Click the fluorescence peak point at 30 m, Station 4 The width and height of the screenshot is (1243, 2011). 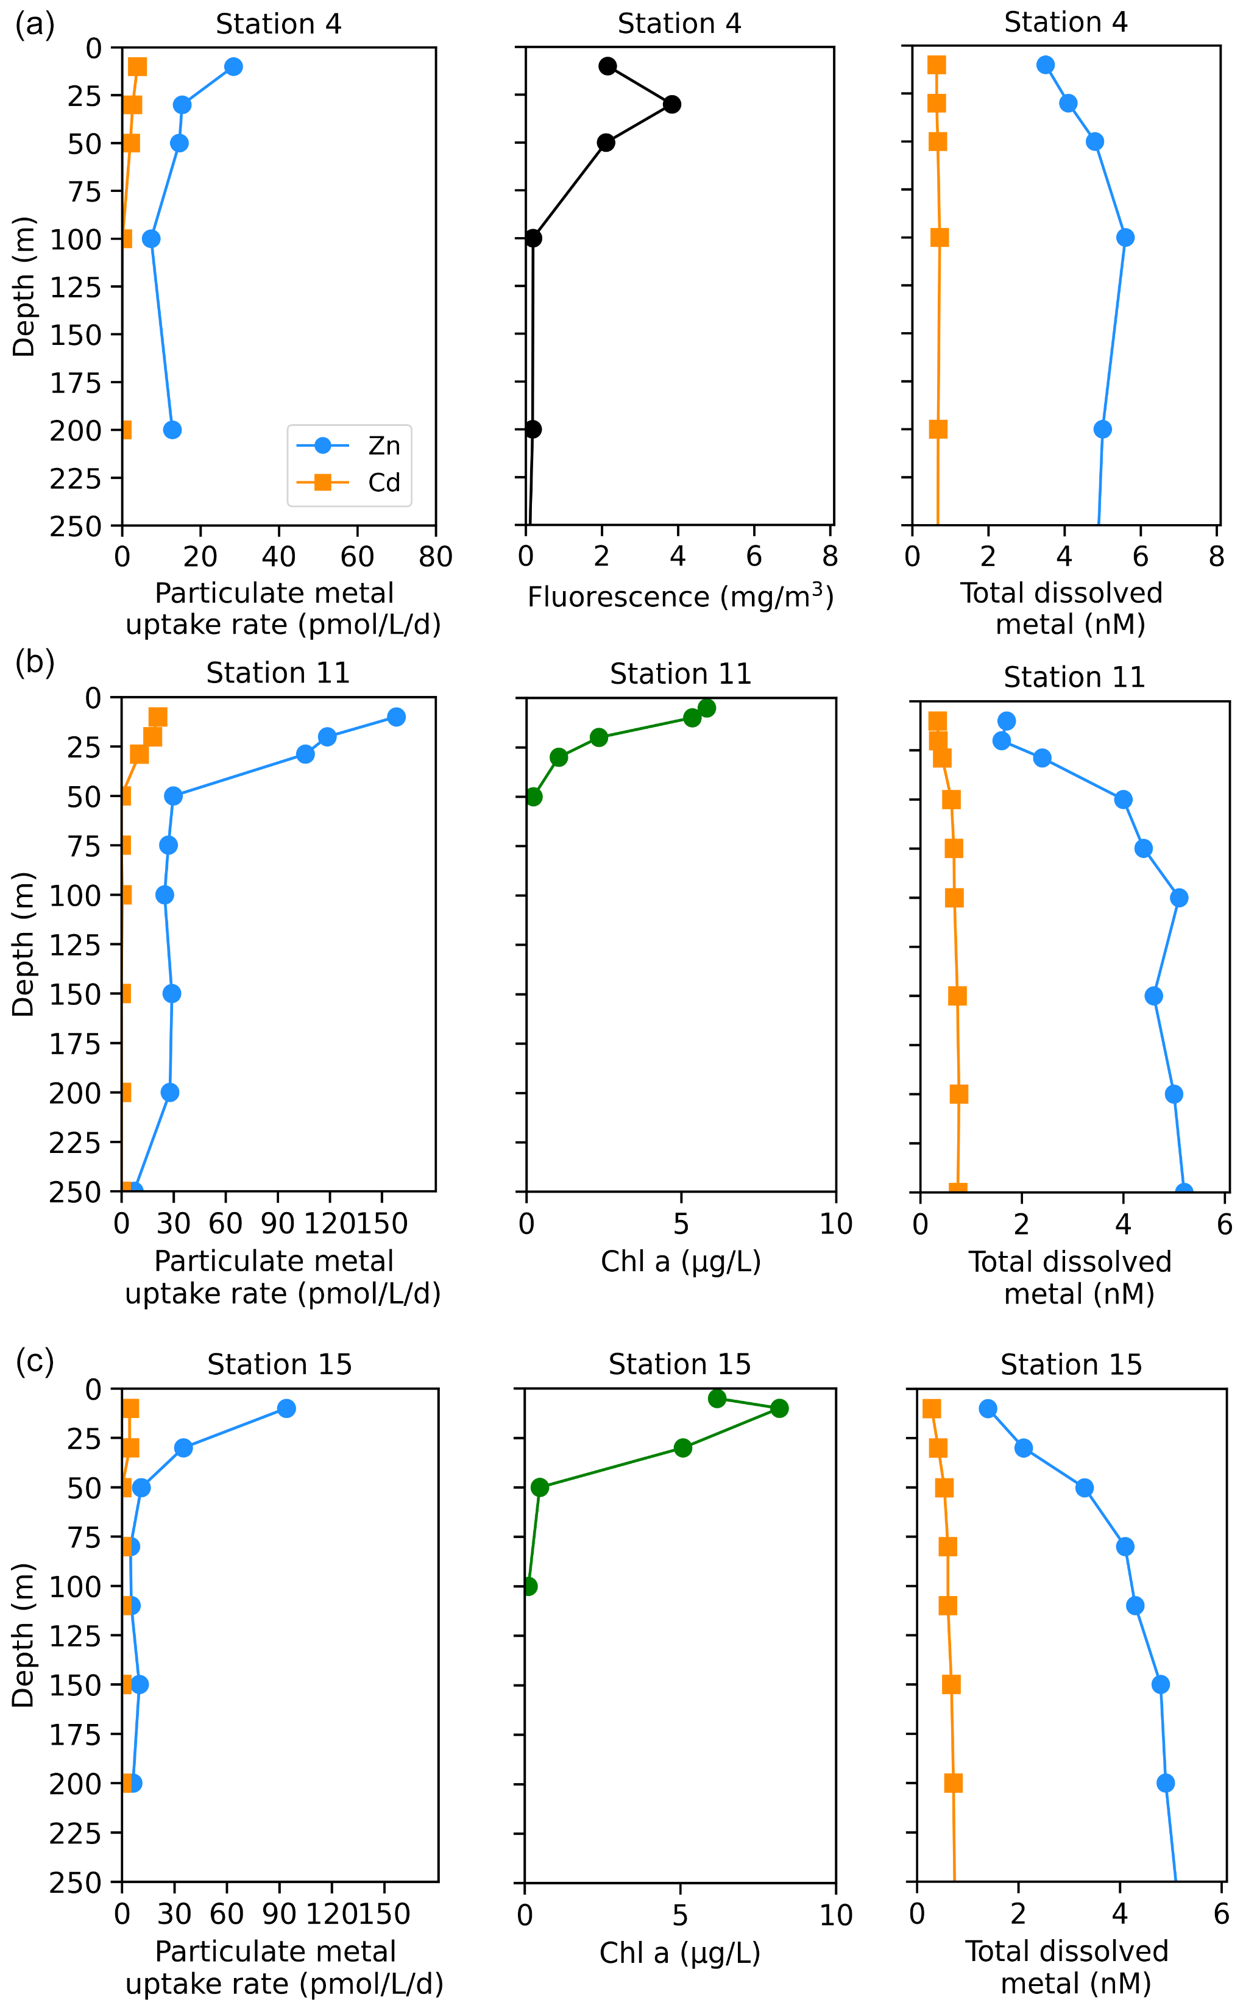pos(671,104)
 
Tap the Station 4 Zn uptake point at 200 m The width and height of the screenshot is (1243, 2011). pos(172,430)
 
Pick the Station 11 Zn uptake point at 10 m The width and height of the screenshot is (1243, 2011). pos(396,717)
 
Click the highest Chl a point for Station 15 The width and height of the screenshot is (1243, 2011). pos(779,1408)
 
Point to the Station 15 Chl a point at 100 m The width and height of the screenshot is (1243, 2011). pos(529,1586)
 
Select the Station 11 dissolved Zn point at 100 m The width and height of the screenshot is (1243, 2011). pos(1179,898)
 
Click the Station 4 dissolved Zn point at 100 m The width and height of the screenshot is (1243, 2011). pos(1125,238)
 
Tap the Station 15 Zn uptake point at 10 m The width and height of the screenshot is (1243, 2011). pos(286,1408)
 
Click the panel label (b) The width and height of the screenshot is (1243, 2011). pos(35,661)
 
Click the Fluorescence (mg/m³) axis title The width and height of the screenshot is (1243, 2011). pos(680,597)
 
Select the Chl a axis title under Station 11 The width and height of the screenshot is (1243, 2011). pos(681,1261)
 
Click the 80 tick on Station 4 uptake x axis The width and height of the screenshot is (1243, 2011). pos(435,558)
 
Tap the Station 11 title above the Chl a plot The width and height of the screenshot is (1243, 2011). pos(681,674)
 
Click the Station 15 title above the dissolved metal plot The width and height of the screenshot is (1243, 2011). pos(1071,1365)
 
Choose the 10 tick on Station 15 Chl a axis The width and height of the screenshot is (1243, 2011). pos(835,1915)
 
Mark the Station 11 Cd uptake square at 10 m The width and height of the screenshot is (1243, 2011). pos(158,718)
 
